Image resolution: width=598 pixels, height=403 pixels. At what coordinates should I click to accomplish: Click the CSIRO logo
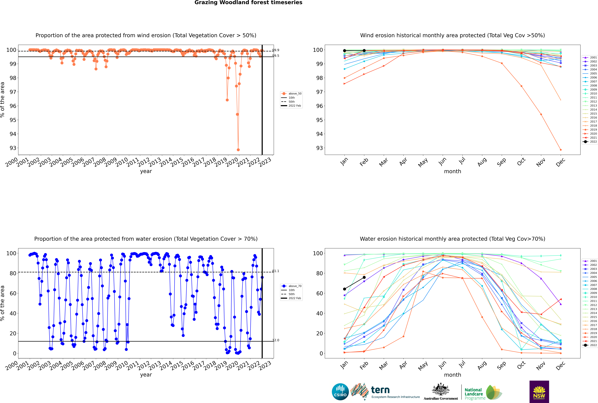340,392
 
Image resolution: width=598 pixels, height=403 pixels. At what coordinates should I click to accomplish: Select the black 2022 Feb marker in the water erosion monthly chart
364,277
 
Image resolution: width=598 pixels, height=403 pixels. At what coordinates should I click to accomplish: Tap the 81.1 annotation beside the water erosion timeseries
276,271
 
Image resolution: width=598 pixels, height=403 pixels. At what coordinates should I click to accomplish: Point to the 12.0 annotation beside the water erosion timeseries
276,340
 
